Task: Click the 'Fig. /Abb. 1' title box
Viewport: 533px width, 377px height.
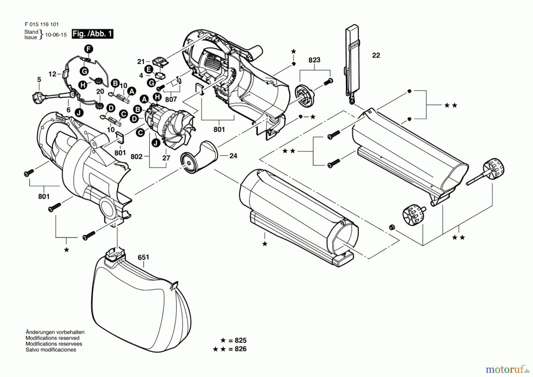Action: coord(92,34)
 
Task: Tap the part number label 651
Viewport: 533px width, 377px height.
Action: coord(143,257)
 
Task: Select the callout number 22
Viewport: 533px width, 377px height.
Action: coord(376,55)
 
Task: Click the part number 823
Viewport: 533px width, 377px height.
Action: coord(314,60)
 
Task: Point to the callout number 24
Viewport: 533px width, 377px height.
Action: coord(233,156)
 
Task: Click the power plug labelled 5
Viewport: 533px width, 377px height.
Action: coord(38,96)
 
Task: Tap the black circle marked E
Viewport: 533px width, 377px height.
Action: coord(149,70)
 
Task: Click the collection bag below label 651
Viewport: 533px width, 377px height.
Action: coord(142,308)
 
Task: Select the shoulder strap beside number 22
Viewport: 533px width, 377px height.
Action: coord(352,62)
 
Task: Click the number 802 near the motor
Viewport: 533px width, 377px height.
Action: coord(136,157)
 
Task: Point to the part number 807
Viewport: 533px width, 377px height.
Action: coord(171,99)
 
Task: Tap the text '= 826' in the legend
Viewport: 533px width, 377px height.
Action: coord(237,349)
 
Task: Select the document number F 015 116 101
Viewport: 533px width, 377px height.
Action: coord(41,25)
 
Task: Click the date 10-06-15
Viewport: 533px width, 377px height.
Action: coord(56,35)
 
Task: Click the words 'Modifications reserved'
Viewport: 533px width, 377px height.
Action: coord(52,338)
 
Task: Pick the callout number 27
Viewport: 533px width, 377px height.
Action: coord(166,158)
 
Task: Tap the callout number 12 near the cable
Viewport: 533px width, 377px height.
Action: coord(52,74)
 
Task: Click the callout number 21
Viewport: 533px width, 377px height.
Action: coord(141,62)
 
